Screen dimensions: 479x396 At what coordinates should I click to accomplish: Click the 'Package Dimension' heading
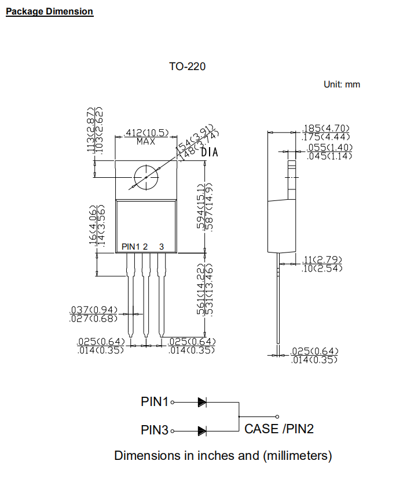(49, 12)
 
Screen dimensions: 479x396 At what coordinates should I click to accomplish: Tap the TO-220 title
(187, 67)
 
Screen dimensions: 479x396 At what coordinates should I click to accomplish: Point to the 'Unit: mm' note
(342, 85)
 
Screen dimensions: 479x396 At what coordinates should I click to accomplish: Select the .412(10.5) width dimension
(147, 133)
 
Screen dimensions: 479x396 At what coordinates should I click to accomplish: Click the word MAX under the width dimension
(146, 141)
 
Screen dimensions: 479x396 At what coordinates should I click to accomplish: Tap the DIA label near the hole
(210, 153)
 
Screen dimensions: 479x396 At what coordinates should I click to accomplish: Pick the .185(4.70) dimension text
(327, 128)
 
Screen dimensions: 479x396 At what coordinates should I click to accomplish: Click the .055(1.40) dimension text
(329, 148)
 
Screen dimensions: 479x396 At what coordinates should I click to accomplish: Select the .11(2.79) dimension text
(322, 259)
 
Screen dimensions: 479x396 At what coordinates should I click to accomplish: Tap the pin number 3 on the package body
(162, 247)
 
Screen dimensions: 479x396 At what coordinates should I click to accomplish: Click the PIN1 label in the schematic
(155, 401)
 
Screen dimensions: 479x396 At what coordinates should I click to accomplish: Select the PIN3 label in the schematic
(155, 430)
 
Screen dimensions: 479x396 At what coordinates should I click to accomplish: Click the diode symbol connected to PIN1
(202, 401)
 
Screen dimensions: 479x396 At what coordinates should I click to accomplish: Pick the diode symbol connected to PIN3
(202, 430)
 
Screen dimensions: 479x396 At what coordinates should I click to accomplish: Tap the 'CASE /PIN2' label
(279, 429)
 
